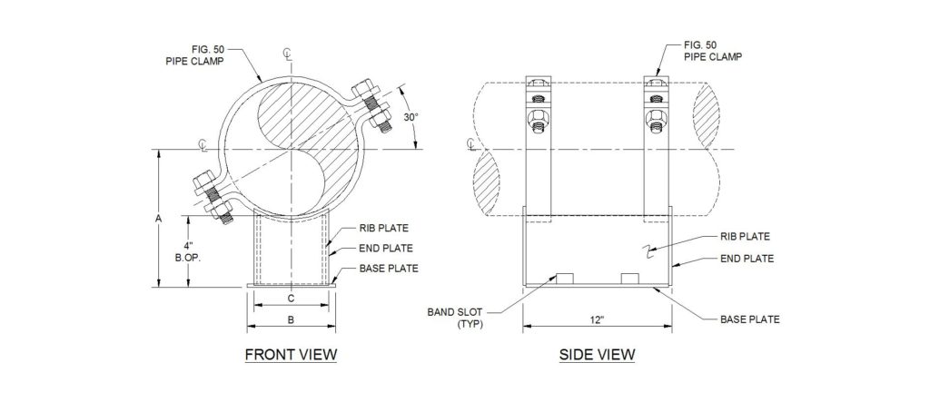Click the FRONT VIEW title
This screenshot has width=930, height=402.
(x=291, y=354)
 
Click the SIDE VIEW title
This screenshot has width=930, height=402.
(x=596, y=354)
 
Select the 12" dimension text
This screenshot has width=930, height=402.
(x=596, y=320)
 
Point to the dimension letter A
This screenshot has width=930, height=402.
(x=158, y=218)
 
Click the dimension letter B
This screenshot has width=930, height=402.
(x=291, y=319)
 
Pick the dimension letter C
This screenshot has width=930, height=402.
(x=291, y=298)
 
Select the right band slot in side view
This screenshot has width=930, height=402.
(x=630, y=278)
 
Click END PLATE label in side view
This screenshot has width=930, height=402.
(x=747, y=259)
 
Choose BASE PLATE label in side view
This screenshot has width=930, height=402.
(x=749, y=319)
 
